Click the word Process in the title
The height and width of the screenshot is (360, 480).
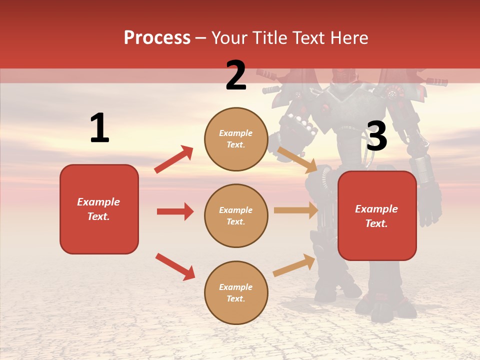[x=157, y=38]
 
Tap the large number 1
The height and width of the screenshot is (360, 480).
[x=99, y=128]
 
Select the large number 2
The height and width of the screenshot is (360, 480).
[x=236, y=75]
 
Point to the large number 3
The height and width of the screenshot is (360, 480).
[x=376, y=136]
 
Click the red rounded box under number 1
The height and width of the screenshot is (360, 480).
[x=99, y=209]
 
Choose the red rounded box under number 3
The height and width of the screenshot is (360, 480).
[x=377, y=215]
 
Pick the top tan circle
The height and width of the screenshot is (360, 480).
[x=236, y=139]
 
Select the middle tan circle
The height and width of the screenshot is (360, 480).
[x=236, y=215]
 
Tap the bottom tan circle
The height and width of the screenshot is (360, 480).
[x=236, y=292]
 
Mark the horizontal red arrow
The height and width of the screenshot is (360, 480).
[x=175, y=211]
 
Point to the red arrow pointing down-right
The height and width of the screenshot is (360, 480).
[x=175, y=266]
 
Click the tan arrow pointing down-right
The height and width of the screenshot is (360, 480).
[x=297, y=159]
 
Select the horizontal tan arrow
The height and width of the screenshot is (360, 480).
[x=296, y=210]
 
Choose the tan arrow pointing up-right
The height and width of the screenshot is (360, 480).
[x=294, y=265]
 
